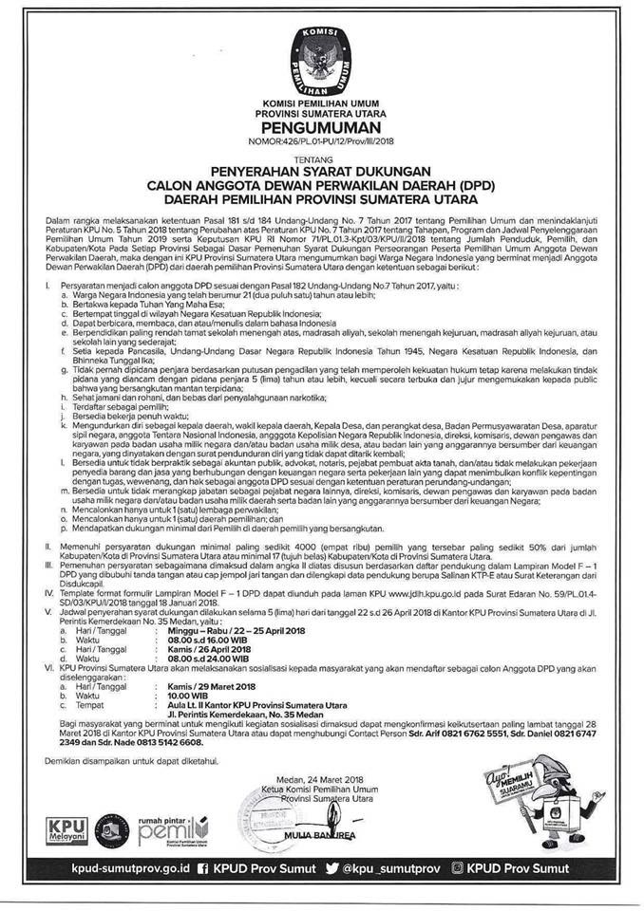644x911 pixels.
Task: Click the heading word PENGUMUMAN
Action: click(321, 125)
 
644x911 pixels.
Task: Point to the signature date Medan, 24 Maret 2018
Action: click(313, 778)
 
